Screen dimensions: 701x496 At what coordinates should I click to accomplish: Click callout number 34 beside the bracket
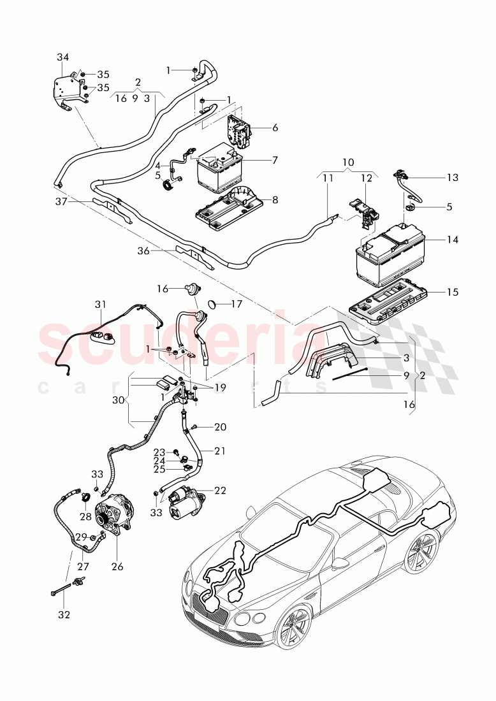coord(62,57)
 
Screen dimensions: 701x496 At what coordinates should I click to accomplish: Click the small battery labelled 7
coord(218,172)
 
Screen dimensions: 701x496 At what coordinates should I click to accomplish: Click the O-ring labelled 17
coord(215,303)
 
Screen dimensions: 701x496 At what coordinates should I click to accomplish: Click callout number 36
coord(143,251)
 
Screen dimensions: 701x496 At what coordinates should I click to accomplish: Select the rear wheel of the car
coord(420,549)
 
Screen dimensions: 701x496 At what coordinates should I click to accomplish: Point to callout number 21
coord(220,451)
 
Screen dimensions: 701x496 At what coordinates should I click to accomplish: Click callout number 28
coord(85,515)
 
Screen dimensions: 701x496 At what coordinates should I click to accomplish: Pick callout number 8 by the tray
coord(274,199)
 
